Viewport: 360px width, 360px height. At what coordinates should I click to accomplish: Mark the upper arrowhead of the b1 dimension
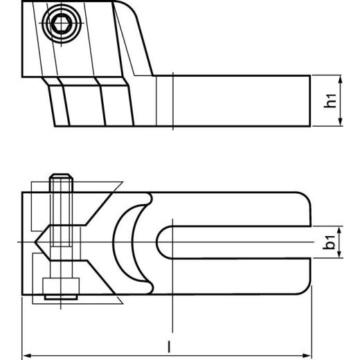pyautogui.click(x=340, y=229)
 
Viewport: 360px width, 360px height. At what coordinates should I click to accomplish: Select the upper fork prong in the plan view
pyautogui.click(x=235, y=208)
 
